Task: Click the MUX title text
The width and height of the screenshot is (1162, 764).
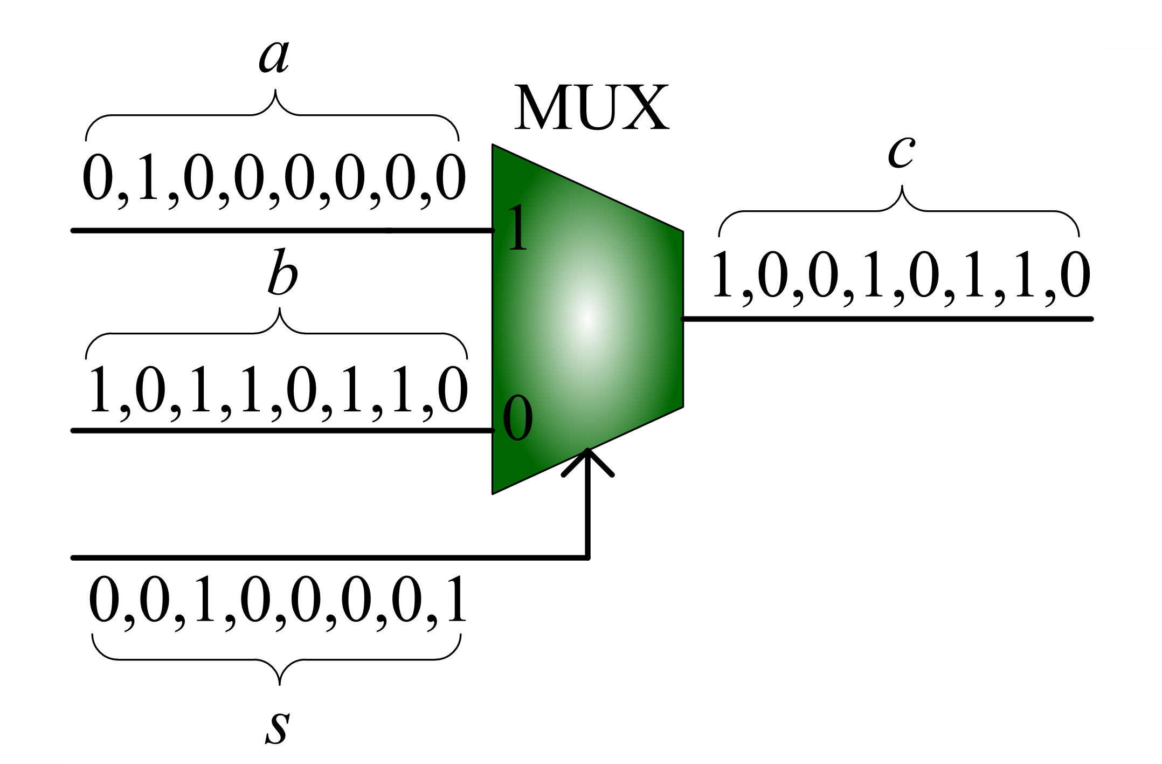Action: (591, 108)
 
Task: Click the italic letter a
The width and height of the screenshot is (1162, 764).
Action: (274, 56)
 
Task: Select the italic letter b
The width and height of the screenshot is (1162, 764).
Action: (282, 273)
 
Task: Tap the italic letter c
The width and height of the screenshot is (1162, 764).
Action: (901, 152)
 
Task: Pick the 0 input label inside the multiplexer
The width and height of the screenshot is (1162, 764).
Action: (517, 418)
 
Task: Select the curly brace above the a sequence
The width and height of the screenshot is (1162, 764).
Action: (272, 114)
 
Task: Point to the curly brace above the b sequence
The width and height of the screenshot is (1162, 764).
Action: (276, 333)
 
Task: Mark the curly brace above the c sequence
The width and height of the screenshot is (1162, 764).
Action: (899, 210)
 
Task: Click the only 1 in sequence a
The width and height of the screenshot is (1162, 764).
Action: (148, 178)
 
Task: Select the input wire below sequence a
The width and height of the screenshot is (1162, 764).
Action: (280, 231)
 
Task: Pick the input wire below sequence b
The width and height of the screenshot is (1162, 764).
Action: (280, 430)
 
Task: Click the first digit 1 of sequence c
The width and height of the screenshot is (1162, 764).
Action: (722, 275)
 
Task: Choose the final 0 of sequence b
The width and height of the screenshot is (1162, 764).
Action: (452, 390)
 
